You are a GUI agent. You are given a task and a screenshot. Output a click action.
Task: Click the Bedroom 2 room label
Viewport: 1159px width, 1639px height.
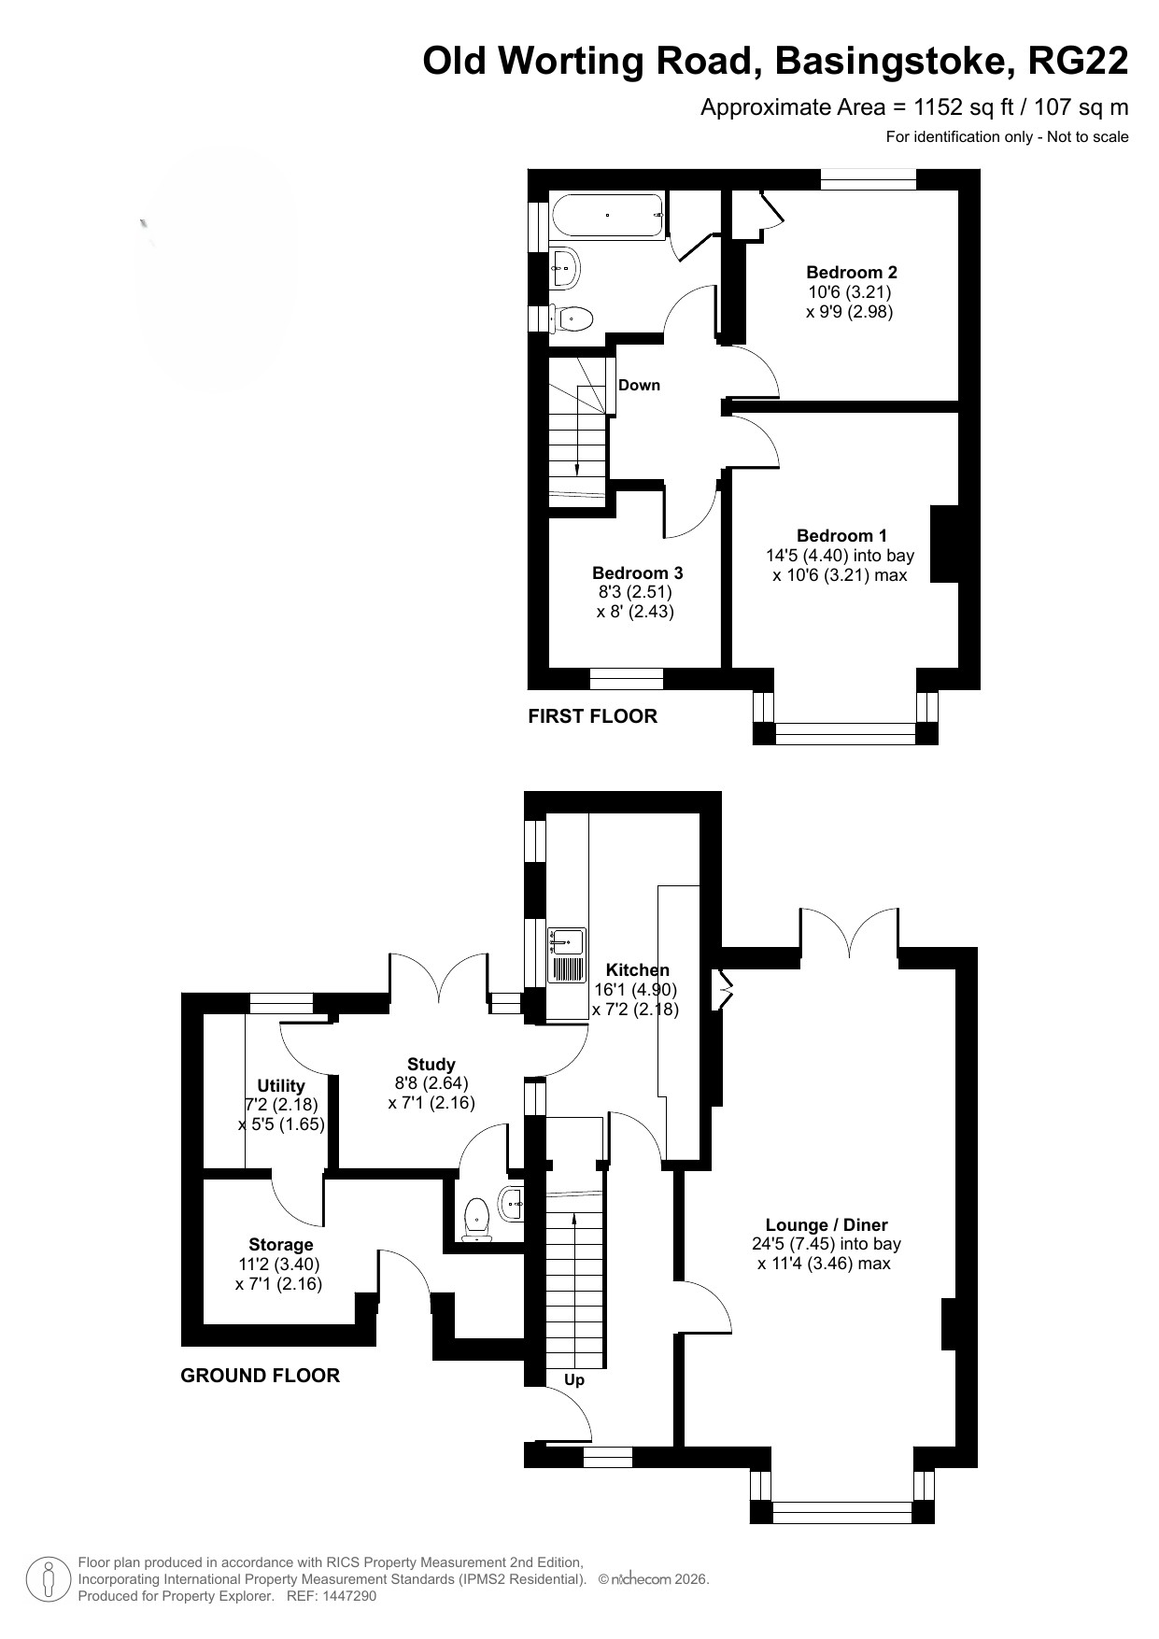point(852,273)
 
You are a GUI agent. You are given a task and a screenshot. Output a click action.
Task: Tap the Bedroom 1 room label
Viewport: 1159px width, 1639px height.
point(841,536)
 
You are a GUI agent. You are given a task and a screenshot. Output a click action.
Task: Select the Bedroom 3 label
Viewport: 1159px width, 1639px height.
point(638,573)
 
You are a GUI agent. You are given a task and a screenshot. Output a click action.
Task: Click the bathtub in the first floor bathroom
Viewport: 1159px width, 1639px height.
point(608,216)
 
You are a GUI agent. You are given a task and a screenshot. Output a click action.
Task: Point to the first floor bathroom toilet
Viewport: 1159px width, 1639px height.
point(572,319)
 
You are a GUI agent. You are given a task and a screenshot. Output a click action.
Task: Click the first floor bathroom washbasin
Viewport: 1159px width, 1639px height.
point(565,269)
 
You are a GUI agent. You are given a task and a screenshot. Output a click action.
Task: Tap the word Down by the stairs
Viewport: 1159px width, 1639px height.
point(639,385)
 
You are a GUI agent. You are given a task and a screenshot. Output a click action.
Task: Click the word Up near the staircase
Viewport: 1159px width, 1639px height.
point(574,1380)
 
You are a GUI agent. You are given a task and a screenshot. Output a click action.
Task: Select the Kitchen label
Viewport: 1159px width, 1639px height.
point(637,970)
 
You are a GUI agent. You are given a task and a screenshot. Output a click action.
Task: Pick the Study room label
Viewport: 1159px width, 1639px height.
point(431,1065)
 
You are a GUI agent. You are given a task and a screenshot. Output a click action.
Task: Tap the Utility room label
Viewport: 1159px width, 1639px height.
point(281,1086)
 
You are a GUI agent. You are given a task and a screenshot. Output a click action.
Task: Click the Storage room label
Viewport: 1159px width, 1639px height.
point(281,1245)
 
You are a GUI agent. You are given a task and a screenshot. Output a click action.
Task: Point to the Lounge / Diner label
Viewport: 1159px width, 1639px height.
point(827,1225)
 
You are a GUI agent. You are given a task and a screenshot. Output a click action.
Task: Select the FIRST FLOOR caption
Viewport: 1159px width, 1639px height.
point(593,716)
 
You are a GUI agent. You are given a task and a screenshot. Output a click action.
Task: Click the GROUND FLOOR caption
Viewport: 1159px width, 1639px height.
point(261,1376)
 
